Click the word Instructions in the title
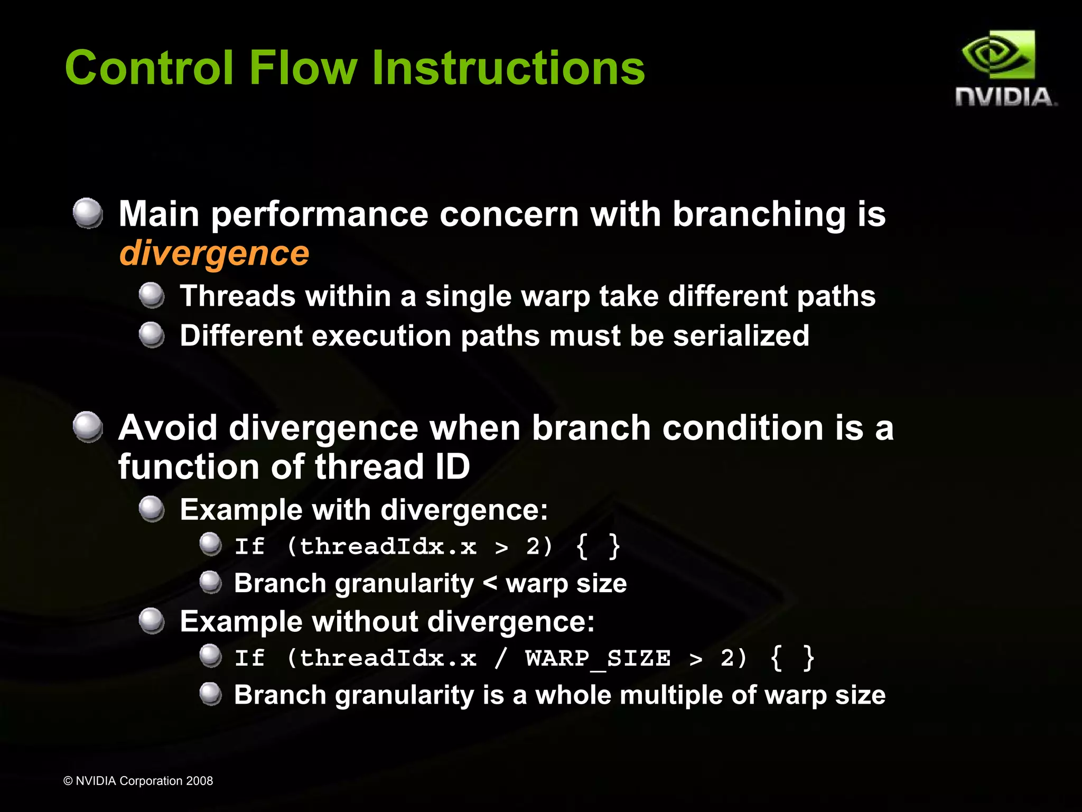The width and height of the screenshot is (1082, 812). click(508, 68)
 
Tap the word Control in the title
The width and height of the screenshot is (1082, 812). click(149, 68)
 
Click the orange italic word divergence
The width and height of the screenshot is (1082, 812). click(214, 254)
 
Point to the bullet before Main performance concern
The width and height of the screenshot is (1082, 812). click(88, 213)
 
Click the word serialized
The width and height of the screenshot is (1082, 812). click(741, 335)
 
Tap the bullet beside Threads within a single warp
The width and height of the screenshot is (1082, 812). click(152, 295)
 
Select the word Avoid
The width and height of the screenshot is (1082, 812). click(167, 427)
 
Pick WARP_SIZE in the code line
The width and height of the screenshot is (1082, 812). click(598, 658)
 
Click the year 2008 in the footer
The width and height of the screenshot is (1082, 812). click(199, 781)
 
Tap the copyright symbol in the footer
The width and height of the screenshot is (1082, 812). click(68, 781)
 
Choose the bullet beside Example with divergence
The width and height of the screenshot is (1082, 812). click(152, 509)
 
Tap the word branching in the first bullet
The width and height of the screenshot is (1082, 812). click(759, 214)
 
